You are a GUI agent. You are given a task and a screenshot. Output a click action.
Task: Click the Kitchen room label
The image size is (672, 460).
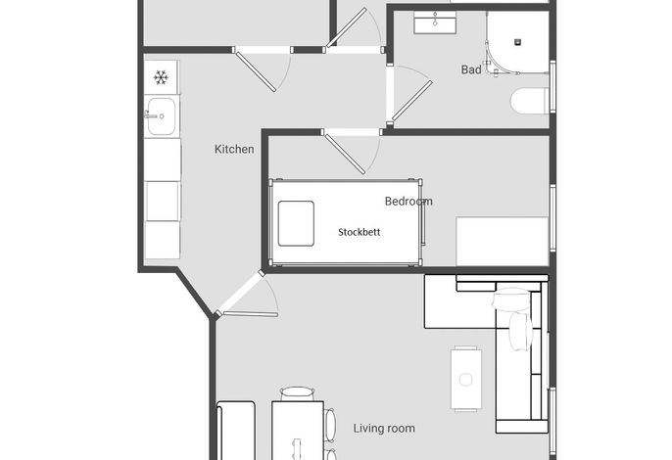coord(234,149)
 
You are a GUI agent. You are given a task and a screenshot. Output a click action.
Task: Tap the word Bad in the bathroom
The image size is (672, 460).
coord(471,69)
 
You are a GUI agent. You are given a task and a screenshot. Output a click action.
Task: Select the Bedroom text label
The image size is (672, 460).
coord(408,201)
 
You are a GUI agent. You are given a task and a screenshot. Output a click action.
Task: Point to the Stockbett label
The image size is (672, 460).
coord(360,232)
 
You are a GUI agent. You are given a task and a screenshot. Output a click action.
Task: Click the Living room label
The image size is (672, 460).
coord(384,429)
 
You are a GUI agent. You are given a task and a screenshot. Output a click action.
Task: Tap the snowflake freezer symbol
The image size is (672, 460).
coord(161,77)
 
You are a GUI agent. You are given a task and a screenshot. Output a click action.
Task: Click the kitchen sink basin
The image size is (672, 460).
coord(161,116)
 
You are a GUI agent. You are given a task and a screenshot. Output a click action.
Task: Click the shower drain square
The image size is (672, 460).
coord(517,42)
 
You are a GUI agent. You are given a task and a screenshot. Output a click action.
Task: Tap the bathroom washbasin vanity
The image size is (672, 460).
coord(435,23)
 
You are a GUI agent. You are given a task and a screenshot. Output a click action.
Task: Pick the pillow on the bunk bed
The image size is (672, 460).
coord(296,223)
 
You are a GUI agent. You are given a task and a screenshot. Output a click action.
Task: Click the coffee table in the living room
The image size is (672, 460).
coord(466,379)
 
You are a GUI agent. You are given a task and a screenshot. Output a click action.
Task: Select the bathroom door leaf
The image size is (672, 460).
coord(411,101)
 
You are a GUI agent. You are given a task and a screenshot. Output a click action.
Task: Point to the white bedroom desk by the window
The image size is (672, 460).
coord(503,241)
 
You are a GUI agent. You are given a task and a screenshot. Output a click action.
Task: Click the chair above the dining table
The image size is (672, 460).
coord(298,393)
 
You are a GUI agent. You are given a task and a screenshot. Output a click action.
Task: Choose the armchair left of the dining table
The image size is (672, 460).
coord(236,431)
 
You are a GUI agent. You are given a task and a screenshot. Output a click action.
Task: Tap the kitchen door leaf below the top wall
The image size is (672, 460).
coord(257,71)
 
